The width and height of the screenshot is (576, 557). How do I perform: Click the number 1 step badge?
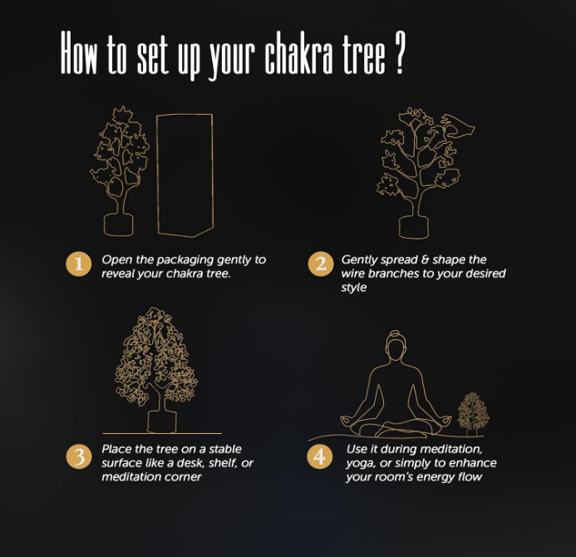click(79, 264)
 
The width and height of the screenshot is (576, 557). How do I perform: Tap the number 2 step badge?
click(321, 264)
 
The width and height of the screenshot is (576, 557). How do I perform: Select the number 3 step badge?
click(79, 456)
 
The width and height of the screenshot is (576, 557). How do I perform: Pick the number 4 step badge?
click(320, 456)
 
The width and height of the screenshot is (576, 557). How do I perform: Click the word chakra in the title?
click(298, 54)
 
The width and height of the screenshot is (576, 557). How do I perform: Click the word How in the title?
click(79, 52)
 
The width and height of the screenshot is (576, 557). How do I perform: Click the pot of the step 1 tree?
click(118, 224)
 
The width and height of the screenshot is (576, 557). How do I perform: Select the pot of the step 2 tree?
click(414, 228)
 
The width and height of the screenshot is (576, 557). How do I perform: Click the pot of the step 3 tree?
click(162, 421)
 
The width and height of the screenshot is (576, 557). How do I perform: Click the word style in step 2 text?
click(354, 288)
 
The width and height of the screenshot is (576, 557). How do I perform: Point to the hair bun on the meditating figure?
click(395, 333)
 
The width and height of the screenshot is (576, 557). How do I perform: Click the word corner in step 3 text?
click(183, 477)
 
